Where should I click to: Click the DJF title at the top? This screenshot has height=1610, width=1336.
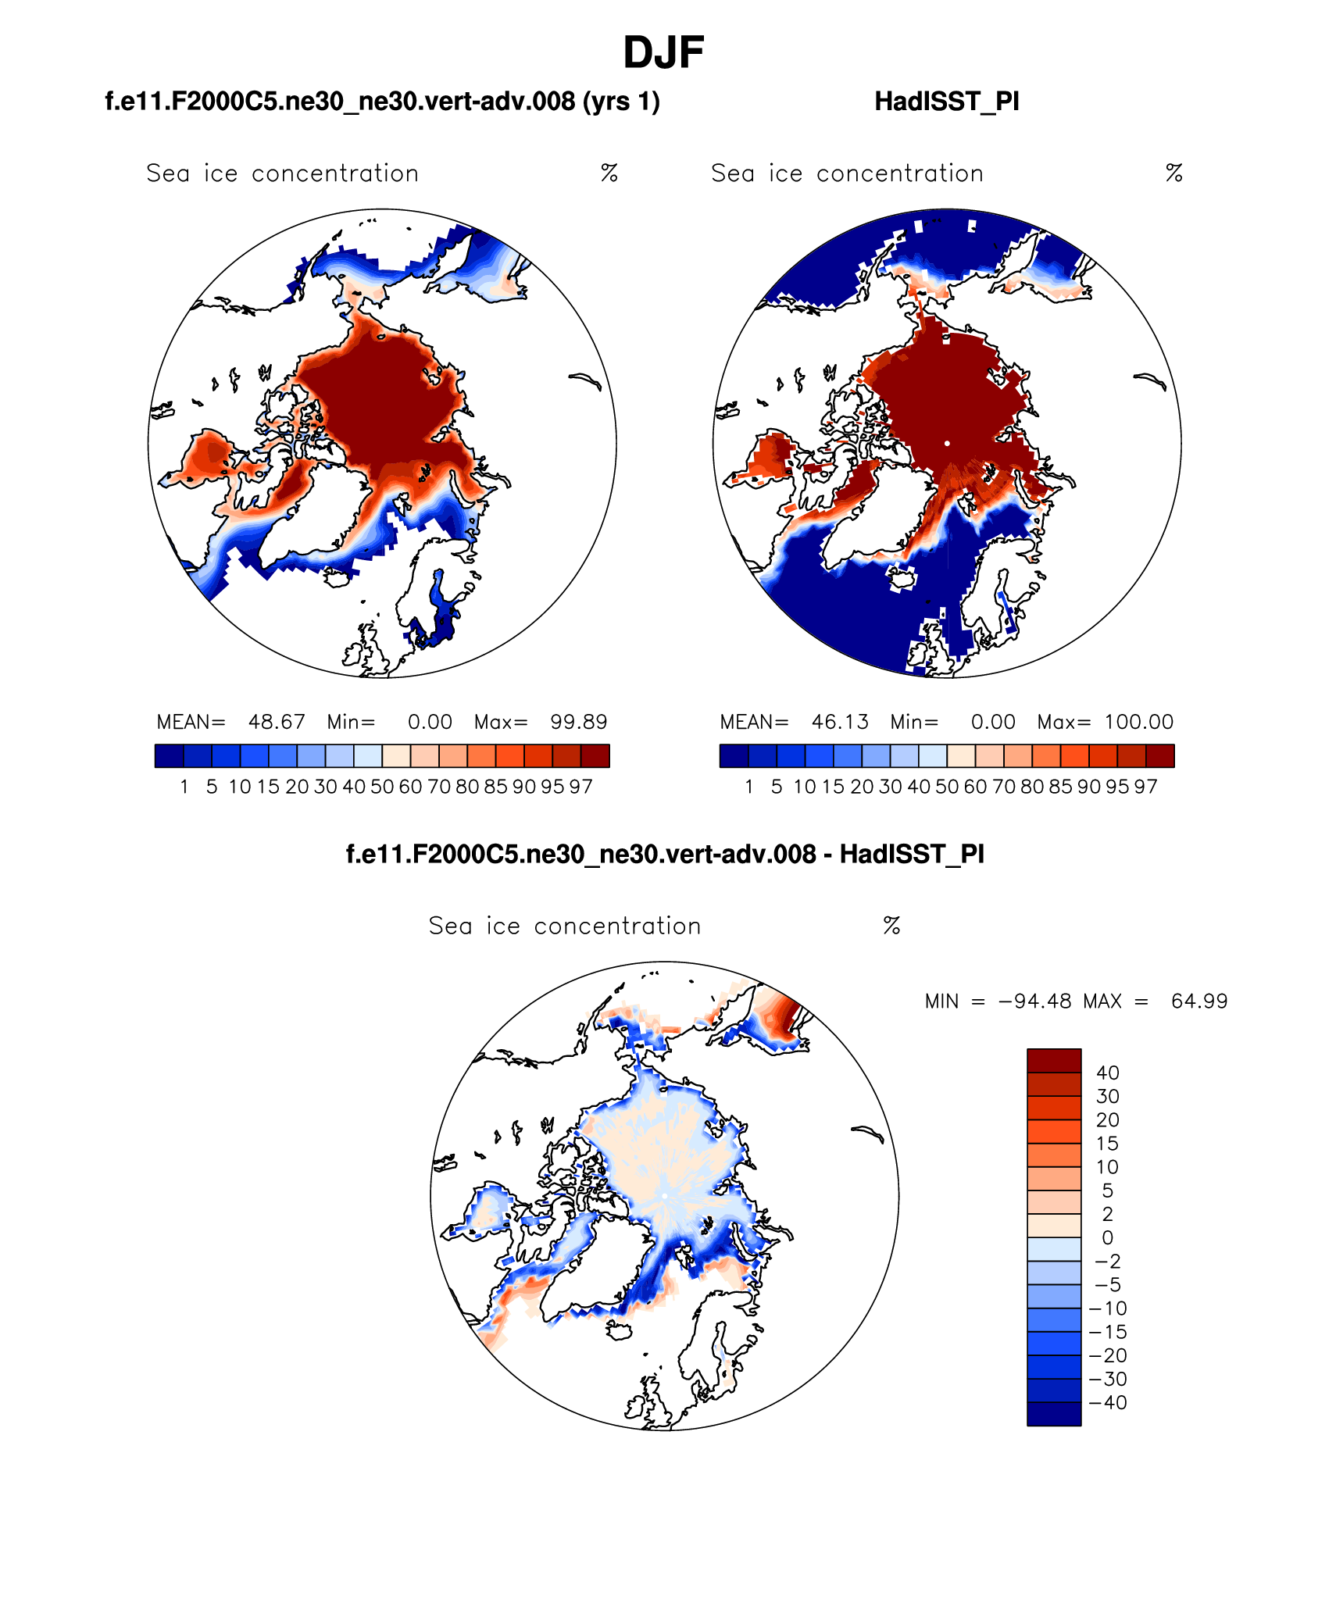click(x=663, y=53)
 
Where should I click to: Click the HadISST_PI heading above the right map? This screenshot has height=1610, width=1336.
click(x=946, y=102)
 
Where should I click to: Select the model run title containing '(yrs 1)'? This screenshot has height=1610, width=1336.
click(x=382, y=102)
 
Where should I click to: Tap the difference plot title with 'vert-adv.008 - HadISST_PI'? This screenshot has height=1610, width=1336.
click(x=665, y=854)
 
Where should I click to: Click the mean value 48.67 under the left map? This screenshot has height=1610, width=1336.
click(x=277, y=722)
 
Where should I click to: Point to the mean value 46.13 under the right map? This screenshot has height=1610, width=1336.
click(x=840, y=722)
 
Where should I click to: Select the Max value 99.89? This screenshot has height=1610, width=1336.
click(x=578, y=722)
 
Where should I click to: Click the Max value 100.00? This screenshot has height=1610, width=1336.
click(x=1138, y=722)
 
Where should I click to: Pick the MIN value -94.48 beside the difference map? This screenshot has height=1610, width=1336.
click(x=1034, y=1001)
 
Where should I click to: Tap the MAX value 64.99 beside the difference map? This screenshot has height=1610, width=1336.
click(x=1199, y=1001)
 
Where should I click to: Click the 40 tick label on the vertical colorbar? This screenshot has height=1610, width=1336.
click(x=1108, y=1073)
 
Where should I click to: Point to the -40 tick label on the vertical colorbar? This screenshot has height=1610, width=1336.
click(x=1108, y=1402)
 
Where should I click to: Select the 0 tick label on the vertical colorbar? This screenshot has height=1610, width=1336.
click(x=1107, y=1237)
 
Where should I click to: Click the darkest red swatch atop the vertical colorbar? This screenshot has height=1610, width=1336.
click(x=1054, y=1061)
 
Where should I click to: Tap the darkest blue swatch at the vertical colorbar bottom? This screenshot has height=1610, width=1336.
click(x=1054, y=1414)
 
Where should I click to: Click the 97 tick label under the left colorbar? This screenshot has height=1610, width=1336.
click(x=580, y=787)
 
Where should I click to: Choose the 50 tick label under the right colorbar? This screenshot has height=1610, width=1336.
click(x=947, y=787)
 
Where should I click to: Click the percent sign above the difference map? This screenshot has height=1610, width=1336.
click(x=891, y=926)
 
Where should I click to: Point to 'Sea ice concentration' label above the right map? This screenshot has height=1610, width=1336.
click(x=847, y=173)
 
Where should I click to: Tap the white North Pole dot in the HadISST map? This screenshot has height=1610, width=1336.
click(x=947, y=443)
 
